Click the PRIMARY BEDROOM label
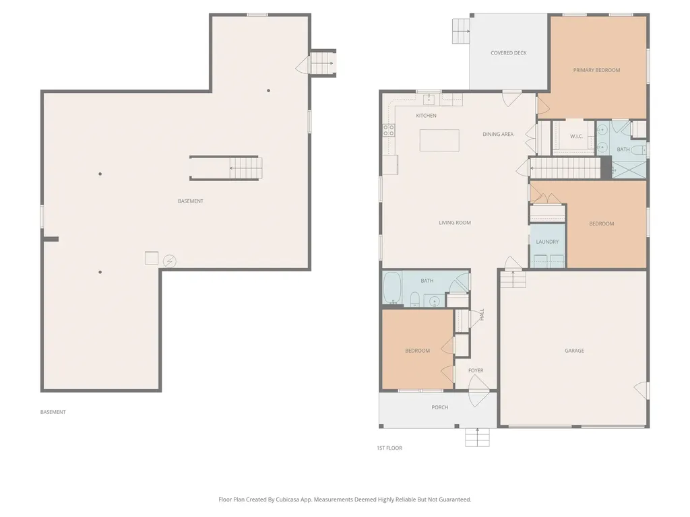[x=596, y=70]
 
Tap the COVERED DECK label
[x=508, y=53]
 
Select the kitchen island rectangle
[x=439, y=140]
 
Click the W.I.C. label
[x=576, y=137]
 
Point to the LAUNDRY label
[x=547, y=242]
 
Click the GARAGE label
[x=574, y=351]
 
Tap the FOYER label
[x=476, y=371]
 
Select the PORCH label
[x=439, y=407]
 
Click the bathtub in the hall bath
[x=392, y=289]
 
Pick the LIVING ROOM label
[x=455, y=223]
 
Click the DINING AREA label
[x=498, y=135]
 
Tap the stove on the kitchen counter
[x=389, y=131]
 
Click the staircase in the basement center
[x=244, y=168]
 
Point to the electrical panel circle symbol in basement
[x=169, y=261]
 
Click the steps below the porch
[x=476, y=438]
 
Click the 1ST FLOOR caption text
[x=389, y=448]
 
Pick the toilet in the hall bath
[x=416, y=298]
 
